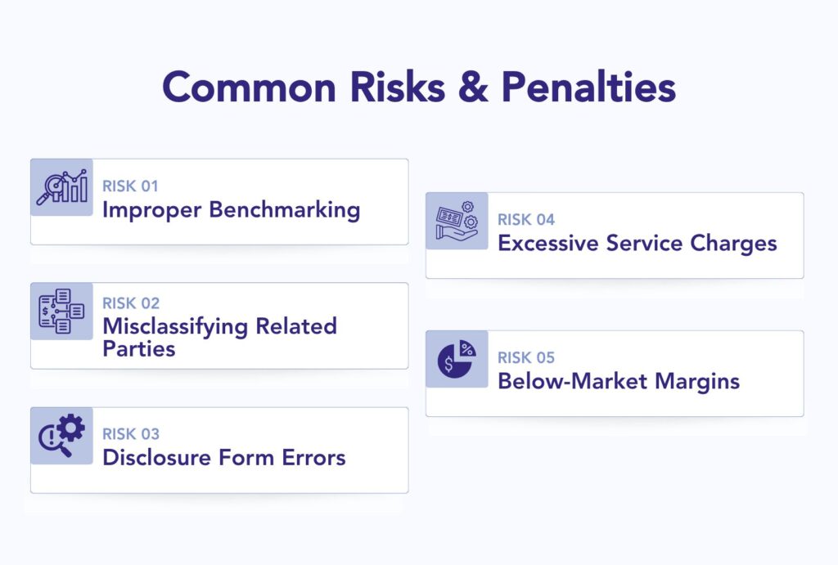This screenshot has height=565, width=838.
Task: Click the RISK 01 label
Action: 130,186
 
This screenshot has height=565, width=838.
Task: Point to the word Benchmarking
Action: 284,209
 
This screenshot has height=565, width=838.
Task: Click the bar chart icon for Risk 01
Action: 62,187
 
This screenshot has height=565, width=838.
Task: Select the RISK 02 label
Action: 131,303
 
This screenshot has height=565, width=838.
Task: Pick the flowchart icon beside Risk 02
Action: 62,312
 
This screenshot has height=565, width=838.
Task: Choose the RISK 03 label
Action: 131,434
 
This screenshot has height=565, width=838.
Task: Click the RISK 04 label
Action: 526,220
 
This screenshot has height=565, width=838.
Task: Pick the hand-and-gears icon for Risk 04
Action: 457,221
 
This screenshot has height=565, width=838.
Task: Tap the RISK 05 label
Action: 526,358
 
